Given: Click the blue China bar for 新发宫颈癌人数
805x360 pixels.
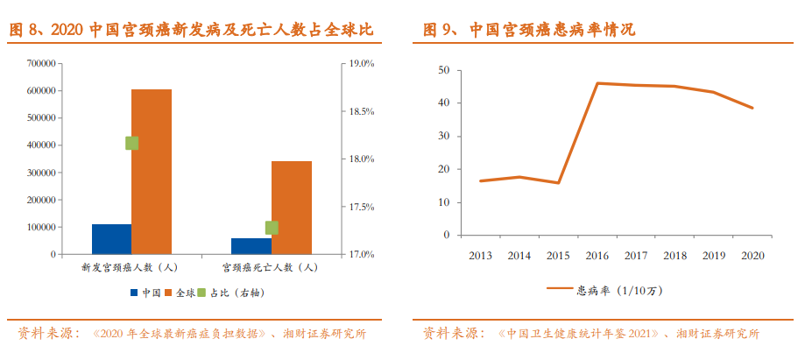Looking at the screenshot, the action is click(112, 239).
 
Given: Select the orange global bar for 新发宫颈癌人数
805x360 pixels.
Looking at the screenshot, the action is click(152, 172).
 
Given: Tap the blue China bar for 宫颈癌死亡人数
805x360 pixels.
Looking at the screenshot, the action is click(251, 246).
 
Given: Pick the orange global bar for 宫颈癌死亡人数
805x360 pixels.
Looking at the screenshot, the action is click(292, 208).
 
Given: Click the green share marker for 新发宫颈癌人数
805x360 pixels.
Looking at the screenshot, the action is click(132, 144).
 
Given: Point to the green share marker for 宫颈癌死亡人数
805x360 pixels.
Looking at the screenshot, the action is click(272, 228).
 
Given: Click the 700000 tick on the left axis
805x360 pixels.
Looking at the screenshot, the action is click(40, 64).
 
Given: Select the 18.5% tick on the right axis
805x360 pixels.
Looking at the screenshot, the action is click(362, 111).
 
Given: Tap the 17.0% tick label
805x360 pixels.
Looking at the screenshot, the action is click(362, 254).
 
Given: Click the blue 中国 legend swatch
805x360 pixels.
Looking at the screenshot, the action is click(135, 293).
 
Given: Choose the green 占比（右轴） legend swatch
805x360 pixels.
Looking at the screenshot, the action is click(201, 293).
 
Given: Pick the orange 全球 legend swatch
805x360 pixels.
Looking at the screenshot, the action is click(168, 293).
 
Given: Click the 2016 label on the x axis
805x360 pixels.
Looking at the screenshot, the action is click(597, 256).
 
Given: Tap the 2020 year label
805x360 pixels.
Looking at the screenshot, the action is click(752, 256).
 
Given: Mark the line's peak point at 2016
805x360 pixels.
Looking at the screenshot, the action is click(597, 83).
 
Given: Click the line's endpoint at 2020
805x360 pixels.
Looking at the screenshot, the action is click(752, 108).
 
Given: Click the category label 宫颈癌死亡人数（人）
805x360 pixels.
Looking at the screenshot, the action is click(271, 267).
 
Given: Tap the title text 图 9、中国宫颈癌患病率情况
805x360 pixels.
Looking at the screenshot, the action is click(529, 30).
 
